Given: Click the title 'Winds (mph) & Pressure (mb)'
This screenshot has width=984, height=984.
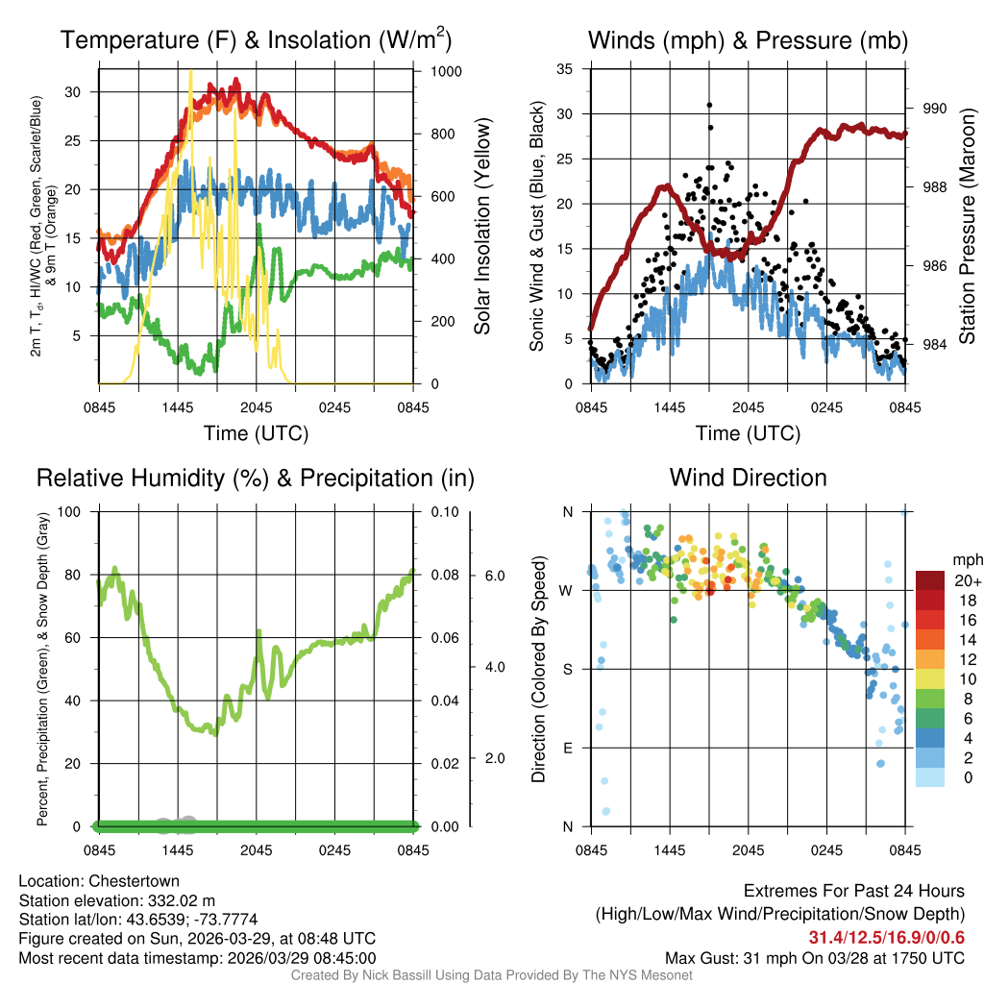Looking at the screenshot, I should (748, 40).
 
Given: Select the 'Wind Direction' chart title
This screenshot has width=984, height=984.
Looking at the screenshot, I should (748, 478).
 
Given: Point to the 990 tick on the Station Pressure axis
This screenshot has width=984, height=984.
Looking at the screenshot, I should (935, 109).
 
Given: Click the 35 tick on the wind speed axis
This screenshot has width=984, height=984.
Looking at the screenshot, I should (565, 69).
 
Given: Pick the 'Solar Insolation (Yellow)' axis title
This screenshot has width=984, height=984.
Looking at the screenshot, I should (482, 227).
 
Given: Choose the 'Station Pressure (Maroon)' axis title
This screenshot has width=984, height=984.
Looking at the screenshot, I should (968, 228).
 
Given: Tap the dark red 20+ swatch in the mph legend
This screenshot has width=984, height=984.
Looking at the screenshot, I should (932, 580).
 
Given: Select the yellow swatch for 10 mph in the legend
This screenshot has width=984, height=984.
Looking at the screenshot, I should (932, 678).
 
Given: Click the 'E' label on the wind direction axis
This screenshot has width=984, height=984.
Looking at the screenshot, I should (566, 748).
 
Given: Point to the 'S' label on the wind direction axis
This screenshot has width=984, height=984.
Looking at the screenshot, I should (566, 669).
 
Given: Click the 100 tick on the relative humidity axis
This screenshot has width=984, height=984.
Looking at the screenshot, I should (69, 511).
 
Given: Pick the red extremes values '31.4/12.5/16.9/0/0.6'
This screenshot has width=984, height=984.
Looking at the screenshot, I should (886, 937).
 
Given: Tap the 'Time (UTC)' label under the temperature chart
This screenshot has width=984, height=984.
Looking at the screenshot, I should (256, 433).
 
